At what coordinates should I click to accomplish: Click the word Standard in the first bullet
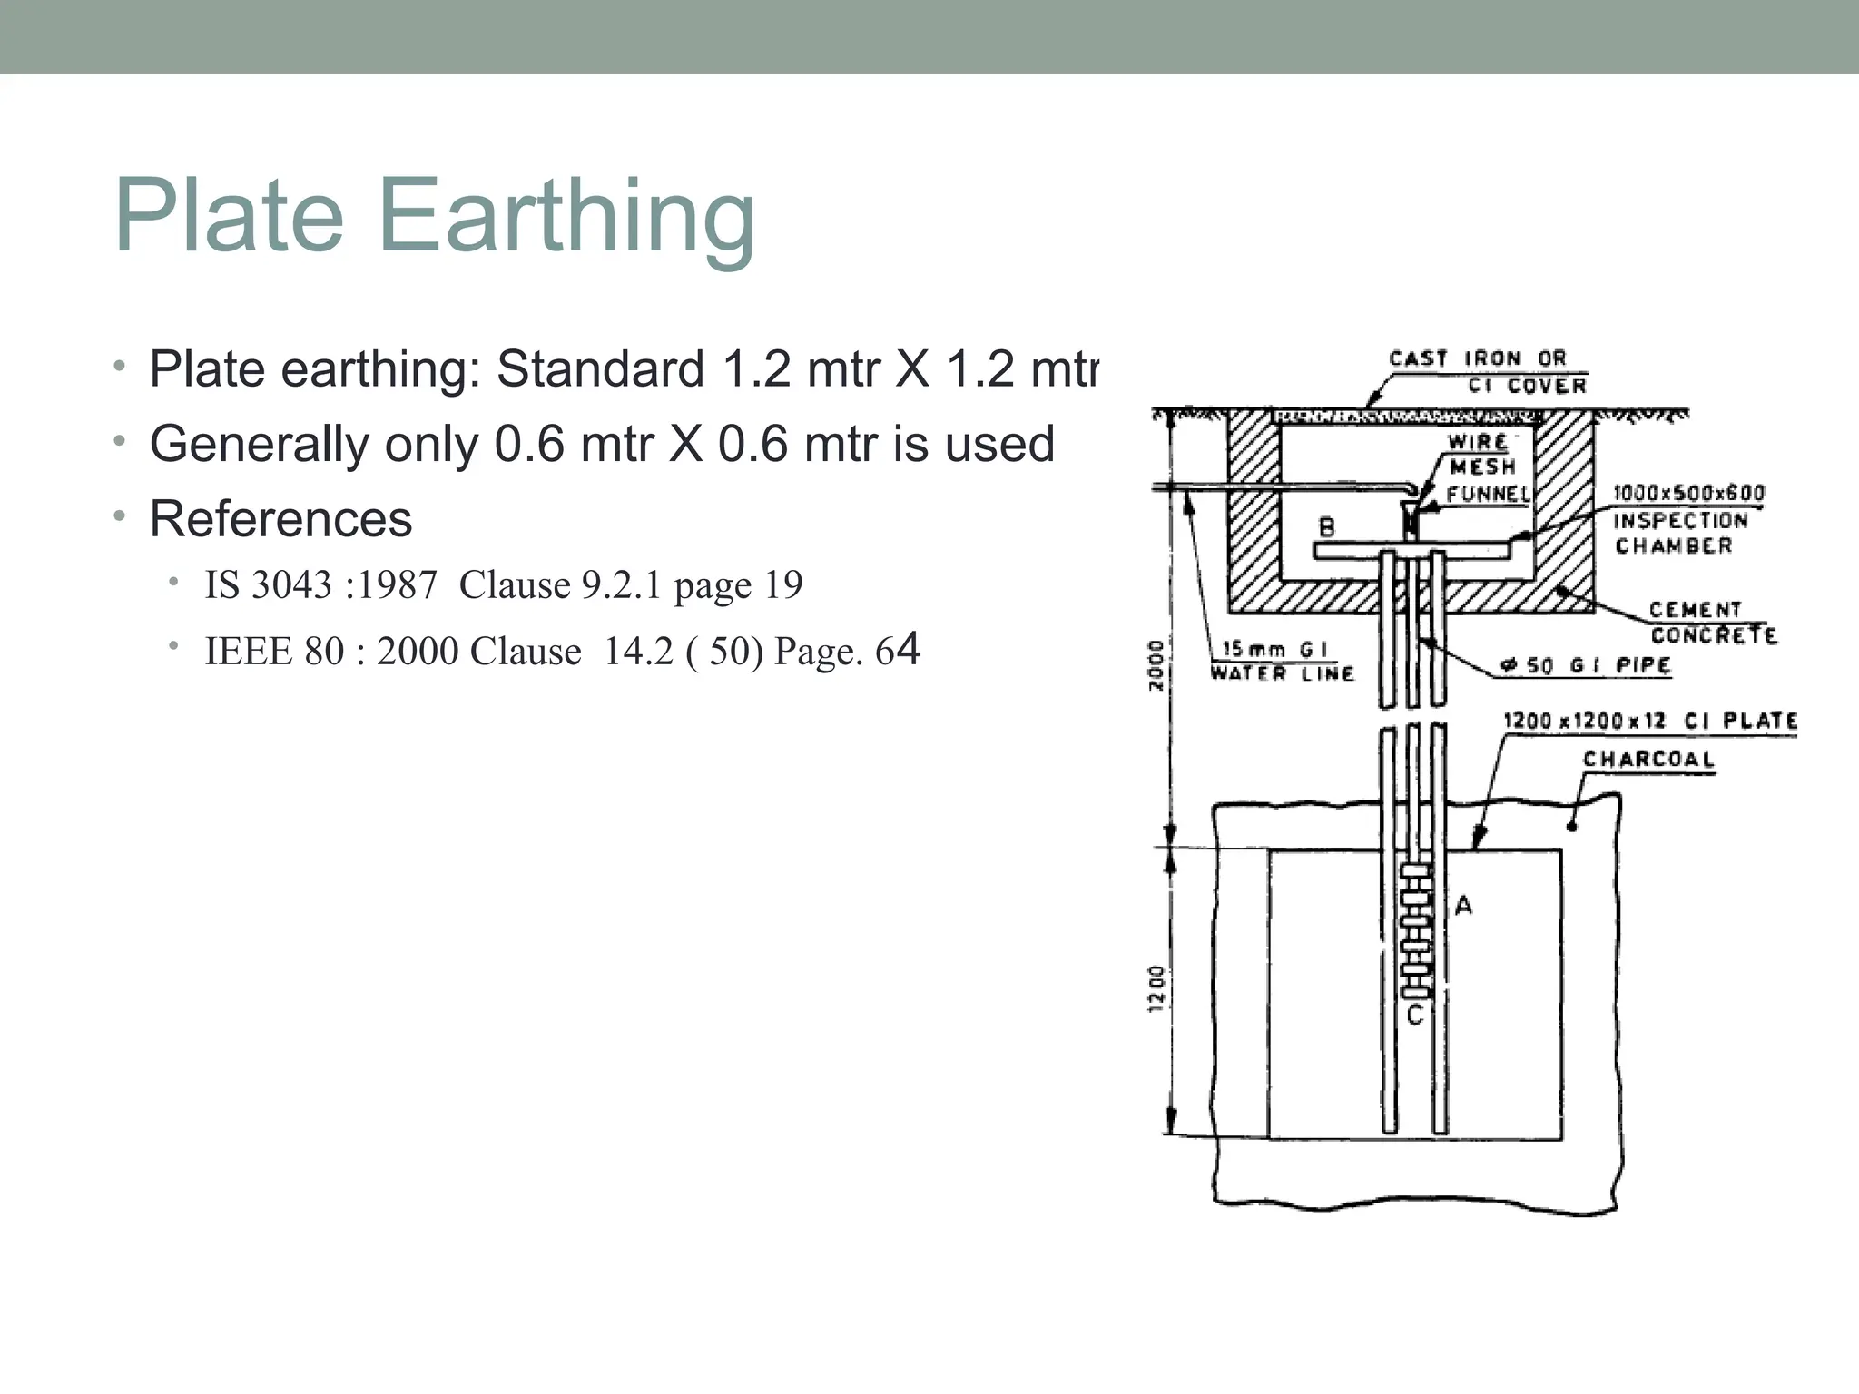pos(600,369)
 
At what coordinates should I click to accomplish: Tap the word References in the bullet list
pos(280,519)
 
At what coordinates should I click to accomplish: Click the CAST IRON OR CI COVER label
pos(1489,372)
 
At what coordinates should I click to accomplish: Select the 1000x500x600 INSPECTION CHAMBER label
pos(1687,519)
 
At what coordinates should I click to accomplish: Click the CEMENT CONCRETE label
pos(1712,623)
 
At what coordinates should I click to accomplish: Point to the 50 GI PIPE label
pos(1587,665)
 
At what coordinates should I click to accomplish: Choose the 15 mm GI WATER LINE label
pos(1281,661)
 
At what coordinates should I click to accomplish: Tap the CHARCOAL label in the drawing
pos(1648,759)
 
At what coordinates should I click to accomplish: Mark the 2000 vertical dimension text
pos(1156,665)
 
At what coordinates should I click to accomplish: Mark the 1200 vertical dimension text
pos(1156,988)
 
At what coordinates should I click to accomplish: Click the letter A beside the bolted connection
pos(1463,905)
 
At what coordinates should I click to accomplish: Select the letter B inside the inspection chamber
pos(1326,527)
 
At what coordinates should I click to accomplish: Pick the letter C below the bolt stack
pos(1414,1016)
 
